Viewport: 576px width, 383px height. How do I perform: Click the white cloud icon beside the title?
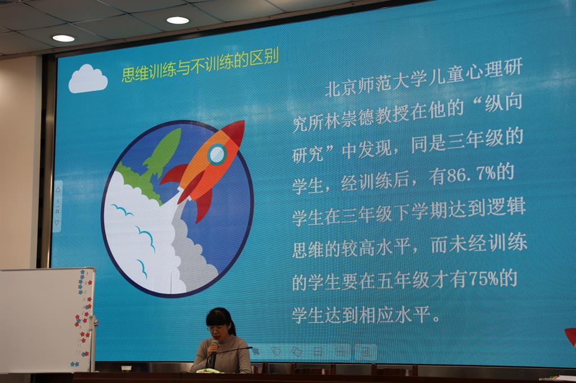pyautogui.click(x=88, y=79)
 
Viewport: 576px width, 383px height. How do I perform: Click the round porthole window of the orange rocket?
pyautogui.click(x=217, y=154)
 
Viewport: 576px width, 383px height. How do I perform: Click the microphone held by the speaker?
pyautogui.click(x=214, y=352)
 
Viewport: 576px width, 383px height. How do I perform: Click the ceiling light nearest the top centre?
pyautogui.click(x=178, y=20)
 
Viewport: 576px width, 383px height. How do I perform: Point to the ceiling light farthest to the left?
pyautogui.click(x=64, y=38)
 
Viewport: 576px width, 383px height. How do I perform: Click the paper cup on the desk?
pyautogui.click(x=126, y=368)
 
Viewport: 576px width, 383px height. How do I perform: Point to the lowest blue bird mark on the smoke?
pyautogui.click(x=142, y=268)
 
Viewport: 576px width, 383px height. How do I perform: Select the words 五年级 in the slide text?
pyautogui.click(x=403, y=281)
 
